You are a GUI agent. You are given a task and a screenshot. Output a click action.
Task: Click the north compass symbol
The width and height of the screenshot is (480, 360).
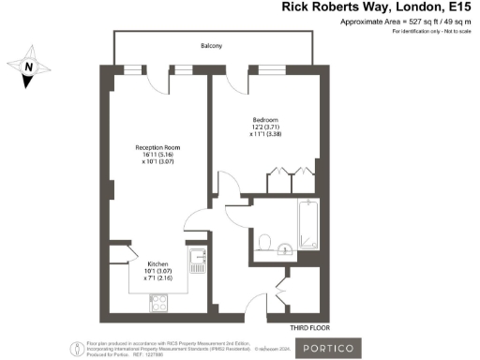coord(28,71)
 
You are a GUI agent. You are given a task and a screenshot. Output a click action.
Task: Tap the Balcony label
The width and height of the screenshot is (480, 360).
coord(210,44)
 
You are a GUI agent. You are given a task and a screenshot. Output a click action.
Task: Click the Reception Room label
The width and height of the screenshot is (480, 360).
coord(153,146)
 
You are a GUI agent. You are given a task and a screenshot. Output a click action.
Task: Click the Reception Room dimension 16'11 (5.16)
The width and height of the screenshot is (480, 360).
coord(153,155)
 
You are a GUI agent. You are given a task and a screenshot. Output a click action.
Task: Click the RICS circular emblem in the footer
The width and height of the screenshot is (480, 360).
coord(74,349)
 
